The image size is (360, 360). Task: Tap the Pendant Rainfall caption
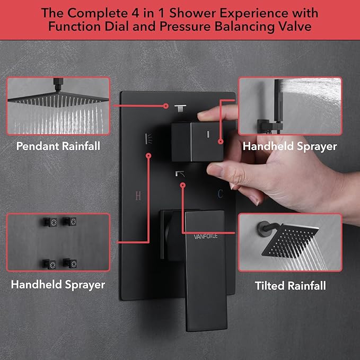pos(58,145)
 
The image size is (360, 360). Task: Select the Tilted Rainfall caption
pos(290,286)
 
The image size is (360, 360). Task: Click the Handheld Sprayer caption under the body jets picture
pos(58,285)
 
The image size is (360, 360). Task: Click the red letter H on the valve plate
pos(138,196)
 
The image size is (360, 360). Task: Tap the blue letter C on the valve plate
pos(219,195)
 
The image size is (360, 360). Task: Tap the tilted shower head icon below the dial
pos(180,173)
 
